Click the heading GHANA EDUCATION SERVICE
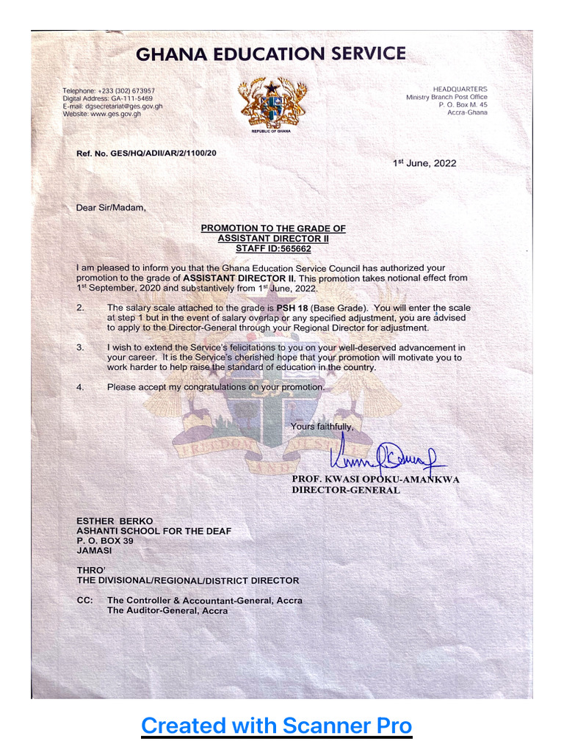pos(270,54)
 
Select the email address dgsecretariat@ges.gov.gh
pos(124,106)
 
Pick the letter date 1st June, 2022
pos(424,163)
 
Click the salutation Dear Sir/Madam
pos(111,208)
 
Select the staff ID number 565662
pos(289,249)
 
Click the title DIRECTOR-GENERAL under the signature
pos(346,490)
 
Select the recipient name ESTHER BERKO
pos(115,521)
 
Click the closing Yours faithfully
pos(322,427)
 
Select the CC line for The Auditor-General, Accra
pos(167,610)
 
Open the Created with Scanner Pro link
pos(276,726)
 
